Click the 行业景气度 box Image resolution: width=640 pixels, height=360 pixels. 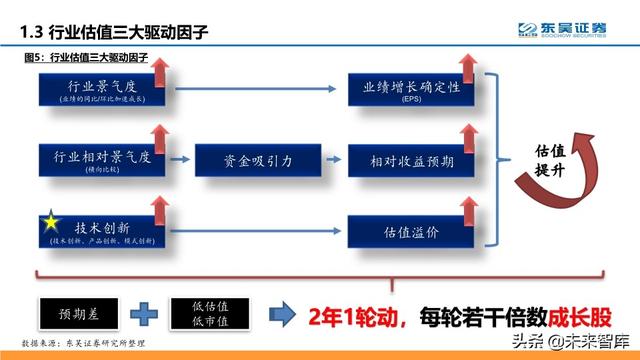(98, 91)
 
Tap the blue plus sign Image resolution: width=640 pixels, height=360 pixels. (146, 312)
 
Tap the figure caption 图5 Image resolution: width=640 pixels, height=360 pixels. (84, 58)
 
